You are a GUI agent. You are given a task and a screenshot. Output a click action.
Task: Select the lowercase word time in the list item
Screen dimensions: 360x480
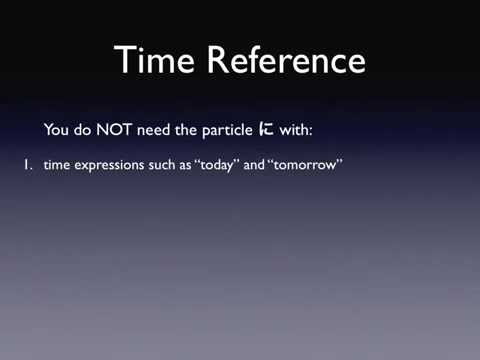56,170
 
